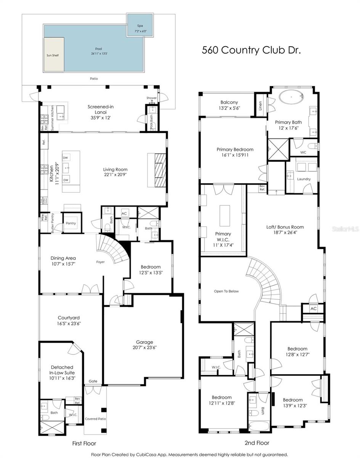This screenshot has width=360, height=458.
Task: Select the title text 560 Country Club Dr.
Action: coord(251,50)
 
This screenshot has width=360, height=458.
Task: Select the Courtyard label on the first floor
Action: coord(69,318)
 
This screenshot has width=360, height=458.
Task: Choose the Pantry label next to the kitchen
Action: coord(71,223)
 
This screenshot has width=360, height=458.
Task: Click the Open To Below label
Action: coord(226,291)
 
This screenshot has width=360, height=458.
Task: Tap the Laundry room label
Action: coord(304,179)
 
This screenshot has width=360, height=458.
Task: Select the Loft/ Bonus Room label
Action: coord(285,227)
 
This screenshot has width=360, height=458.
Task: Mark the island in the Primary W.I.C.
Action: coord(223,215)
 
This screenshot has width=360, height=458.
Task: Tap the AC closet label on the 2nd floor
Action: coord(313,308)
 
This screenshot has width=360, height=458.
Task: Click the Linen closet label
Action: coord(260,103)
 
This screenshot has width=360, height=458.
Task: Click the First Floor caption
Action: coord(84,443)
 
